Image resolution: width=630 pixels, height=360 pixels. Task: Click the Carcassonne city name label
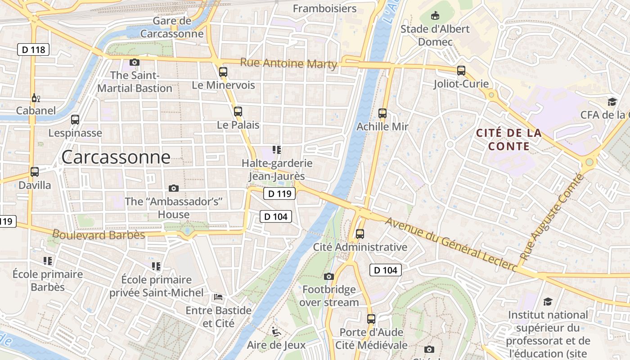[x=116, y=157]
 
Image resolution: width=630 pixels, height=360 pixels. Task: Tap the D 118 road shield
[x=33, y=49]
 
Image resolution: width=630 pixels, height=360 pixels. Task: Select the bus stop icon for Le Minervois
[x=223, y=72]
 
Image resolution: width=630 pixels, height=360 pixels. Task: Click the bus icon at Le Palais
[x=238, y=111]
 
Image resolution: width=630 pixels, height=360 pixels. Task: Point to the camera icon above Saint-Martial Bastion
[x=134, y=62]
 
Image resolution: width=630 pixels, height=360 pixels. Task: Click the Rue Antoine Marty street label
[x=288, y=63]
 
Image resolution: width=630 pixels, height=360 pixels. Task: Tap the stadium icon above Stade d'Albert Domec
[x=435, y=16]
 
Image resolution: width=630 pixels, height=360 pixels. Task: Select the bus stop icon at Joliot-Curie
[x=461, y=70]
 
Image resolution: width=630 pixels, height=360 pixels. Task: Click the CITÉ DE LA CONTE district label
[x=508, y=139]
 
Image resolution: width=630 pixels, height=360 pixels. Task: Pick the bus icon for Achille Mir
[x=382, y=113]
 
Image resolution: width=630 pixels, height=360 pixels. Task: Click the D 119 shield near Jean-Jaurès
[x=279, y=194]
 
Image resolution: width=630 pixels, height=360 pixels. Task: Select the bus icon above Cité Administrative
[x=360, y=234]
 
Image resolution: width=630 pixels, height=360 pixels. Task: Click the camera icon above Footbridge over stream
[x=328, y=276]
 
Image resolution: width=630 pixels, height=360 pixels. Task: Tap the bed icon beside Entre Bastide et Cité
[x=218, y=297]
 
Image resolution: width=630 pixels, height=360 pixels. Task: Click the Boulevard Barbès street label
[x=99, y=234]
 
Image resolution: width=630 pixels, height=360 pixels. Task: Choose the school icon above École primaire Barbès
[x=48, y=261]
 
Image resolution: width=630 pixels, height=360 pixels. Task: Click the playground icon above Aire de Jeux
[x=276, y=332]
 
